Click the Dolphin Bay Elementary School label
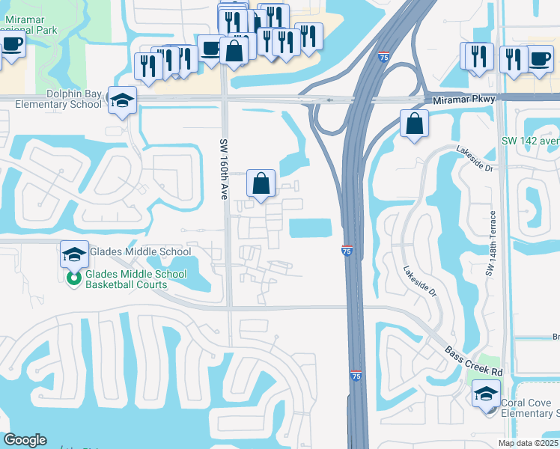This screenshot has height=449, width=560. coord(52,99)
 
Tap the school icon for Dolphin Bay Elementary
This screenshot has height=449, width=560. coord(121,100)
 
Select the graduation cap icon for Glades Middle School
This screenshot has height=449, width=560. coord(74,254)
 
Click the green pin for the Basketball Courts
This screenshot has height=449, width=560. coord(73,279)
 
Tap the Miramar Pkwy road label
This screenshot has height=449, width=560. coord(464,100)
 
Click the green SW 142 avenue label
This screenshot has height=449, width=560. coord(530,141)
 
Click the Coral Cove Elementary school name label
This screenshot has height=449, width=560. coord(529,407)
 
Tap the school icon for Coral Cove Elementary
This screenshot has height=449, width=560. coord(486,394)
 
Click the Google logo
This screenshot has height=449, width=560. coord(25,440)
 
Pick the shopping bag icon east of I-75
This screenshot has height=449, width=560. coord(414,123)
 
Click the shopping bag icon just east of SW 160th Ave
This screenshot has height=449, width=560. coord(261,183)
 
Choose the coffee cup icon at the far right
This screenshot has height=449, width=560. coord(539,58)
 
